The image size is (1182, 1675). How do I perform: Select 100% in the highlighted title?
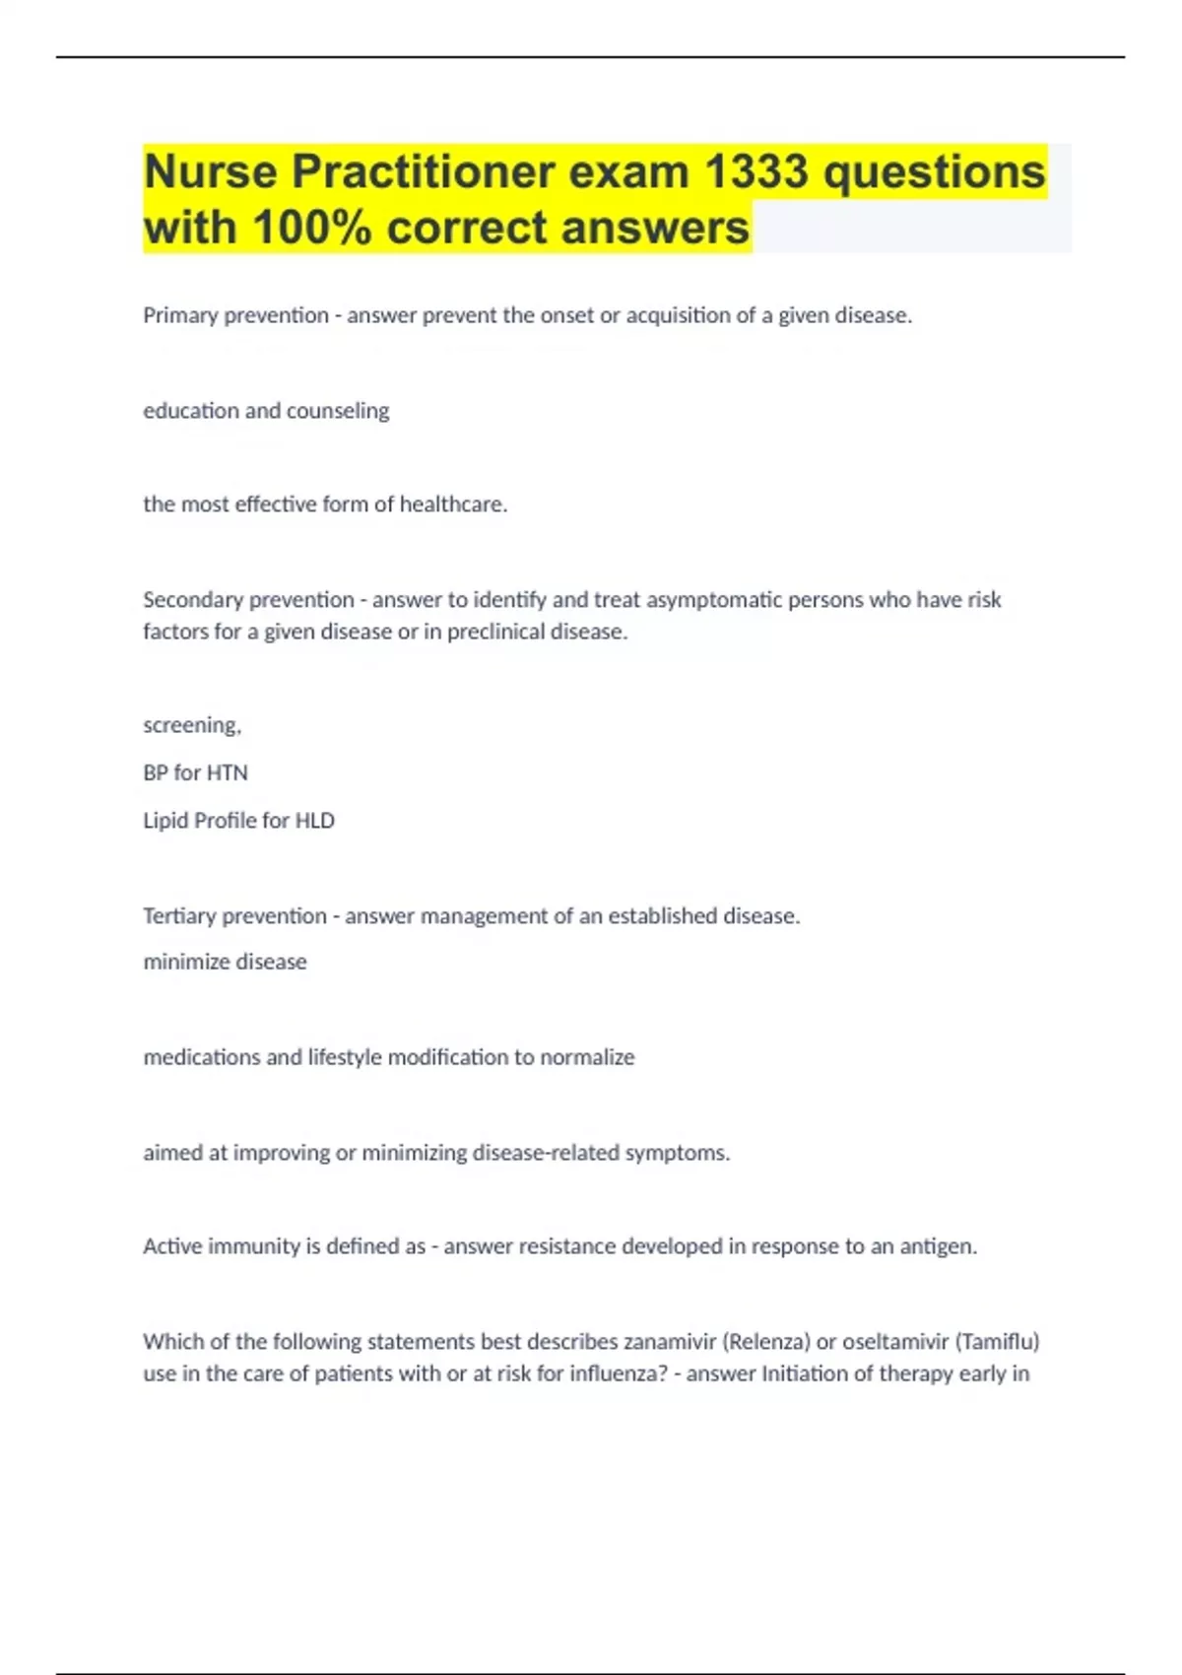point(312,228)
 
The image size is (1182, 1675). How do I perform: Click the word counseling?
point(337,410)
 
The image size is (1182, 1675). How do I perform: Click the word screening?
point(191,725)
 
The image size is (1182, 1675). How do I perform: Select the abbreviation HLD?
point(315,821)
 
